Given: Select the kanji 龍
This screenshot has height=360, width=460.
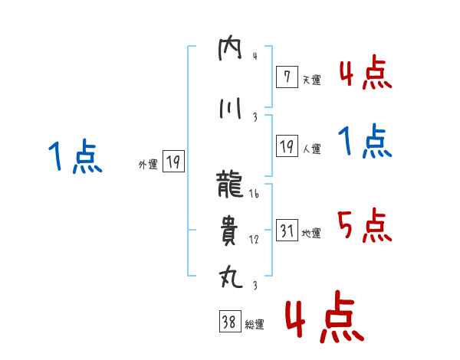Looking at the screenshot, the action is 231,184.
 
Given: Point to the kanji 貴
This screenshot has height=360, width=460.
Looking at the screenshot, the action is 230,230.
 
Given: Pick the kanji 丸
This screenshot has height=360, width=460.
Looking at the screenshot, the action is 230,275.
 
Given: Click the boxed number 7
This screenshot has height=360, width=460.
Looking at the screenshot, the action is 286,76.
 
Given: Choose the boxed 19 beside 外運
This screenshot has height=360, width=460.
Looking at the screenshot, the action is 172,162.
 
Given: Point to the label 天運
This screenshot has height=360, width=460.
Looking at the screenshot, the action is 311,80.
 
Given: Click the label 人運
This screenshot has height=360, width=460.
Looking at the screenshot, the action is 311,149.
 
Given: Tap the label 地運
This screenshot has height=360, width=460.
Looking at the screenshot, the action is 311,234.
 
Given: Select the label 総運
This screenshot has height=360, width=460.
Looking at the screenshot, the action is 254,325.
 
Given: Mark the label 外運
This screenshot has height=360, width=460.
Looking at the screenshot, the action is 148,164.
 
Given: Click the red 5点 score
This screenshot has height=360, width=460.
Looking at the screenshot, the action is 364,224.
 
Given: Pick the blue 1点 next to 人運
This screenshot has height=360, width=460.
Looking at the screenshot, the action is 364,142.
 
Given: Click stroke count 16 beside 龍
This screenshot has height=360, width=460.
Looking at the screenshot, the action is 255,195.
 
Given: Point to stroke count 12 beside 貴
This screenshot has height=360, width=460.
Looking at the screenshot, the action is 255,240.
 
